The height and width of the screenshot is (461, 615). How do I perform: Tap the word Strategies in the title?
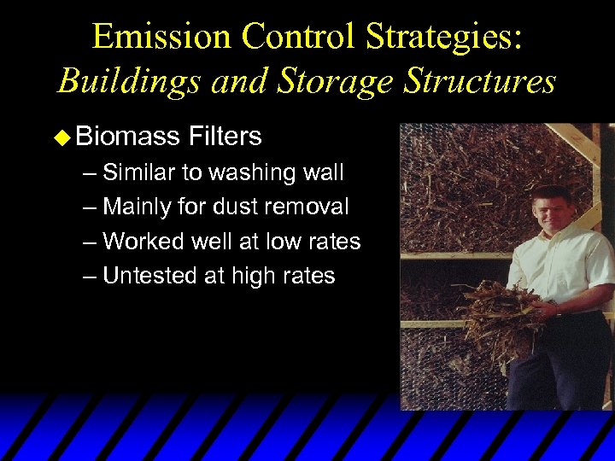[448, 37]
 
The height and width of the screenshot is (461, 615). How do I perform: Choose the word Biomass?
[126, 136]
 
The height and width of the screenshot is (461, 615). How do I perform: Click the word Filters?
[225, 136]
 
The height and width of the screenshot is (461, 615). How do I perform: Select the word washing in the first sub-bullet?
[244, 172]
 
